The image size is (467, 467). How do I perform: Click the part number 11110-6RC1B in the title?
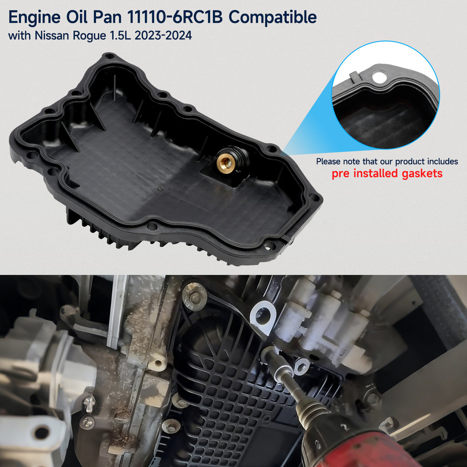pyautogui.click(x=175, y=17)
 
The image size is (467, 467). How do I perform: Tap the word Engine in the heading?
pyautogui.click(x=34, y=18)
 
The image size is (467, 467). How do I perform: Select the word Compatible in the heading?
pyautogui.click(x=273, y=18)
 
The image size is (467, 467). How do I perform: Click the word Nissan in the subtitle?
pyautogui.click(x=52, y=36)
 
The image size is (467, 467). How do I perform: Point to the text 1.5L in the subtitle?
pyautogui.click(x=120, y=36)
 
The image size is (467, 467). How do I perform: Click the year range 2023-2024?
pyautogui.click(x=163, y=36)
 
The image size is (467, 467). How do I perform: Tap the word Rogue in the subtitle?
pyautogui.click(x=89, y=36)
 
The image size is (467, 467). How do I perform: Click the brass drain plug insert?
pyautogui.click(x=225, y=162)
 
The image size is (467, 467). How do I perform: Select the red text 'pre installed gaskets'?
pyautogui.click(x=387, y=174)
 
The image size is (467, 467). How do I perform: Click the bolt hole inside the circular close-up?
pyautogui.click(x=379, y=77)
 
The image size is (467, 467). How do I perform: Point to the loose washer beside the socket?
pyautogui.click(x=302, y=366)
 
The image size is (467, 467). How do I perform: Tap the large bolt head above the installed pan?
pyautogui.click(x=194, y=296)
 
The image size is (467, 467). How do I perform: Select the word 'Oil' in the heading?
pyautogui.click(x=77, y=17)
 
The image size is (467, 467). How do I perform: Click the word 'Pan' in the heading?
pyautogui.click(x=107, y=17)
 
